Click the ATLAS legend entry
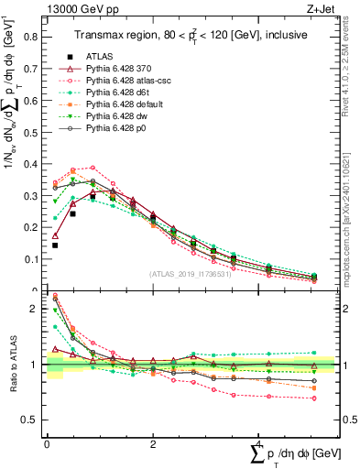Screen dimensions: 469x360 click(x=100, y=57)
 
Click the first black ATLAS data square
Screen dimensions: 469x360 click(x=55, y=245)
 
